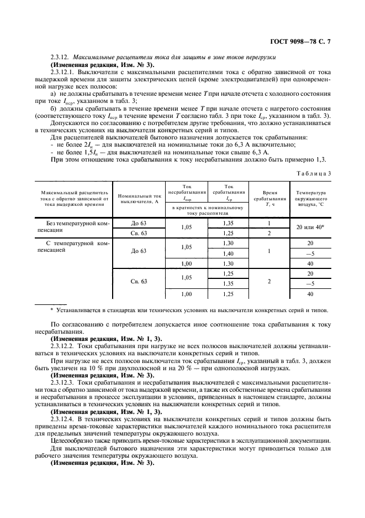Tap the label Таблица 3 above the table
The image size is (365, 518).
(x=313, y=173)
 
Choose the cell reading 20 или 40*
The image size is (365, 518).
(x=310, y=227)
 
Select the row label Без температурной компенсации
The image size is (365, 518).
(x=72, y=227)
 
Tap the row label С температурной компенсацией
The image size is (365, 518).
(x=72, y=246)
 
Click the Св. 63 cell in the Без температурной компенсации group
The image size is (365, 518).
(x=139, y=233)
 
